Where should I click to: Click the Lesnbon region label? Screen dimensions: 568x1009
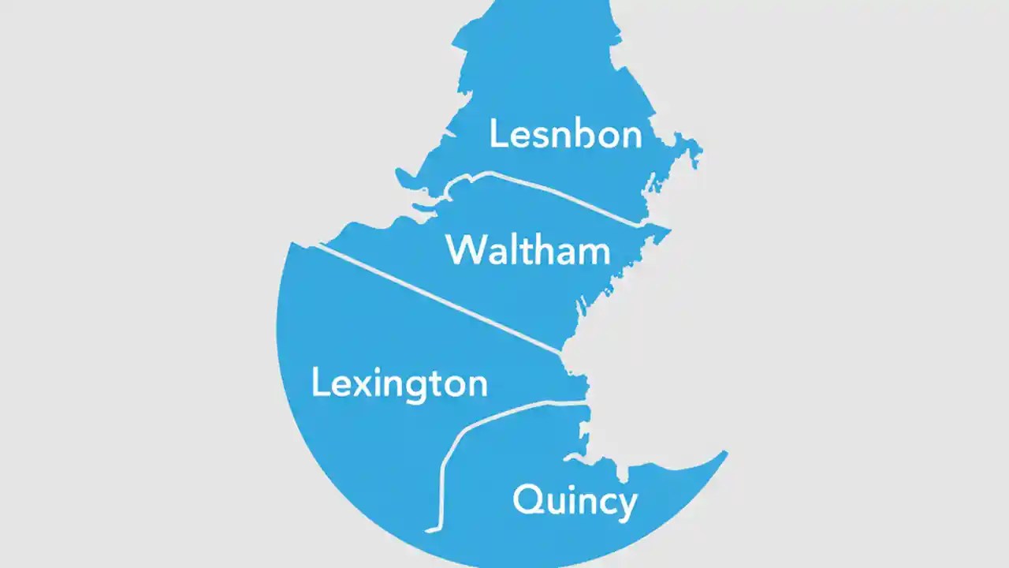click(565, 135)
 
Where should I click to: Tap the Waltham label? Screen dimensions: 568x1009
click(528, 251)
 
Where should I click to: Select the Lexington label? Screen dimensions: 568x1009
click(399, 384)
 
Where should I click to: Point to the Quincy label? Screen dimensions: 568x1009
click(575, 501)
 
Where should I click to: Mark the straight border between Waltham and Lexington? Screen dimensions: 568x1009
click(441, 299)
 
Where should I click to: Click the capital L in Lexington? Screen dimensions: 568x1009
click(319, 383)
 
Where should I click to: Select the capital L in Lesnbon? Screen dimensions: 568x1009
click(497, 133)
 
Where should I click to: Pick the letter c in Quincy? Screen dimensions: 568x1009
click(605, 503)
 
